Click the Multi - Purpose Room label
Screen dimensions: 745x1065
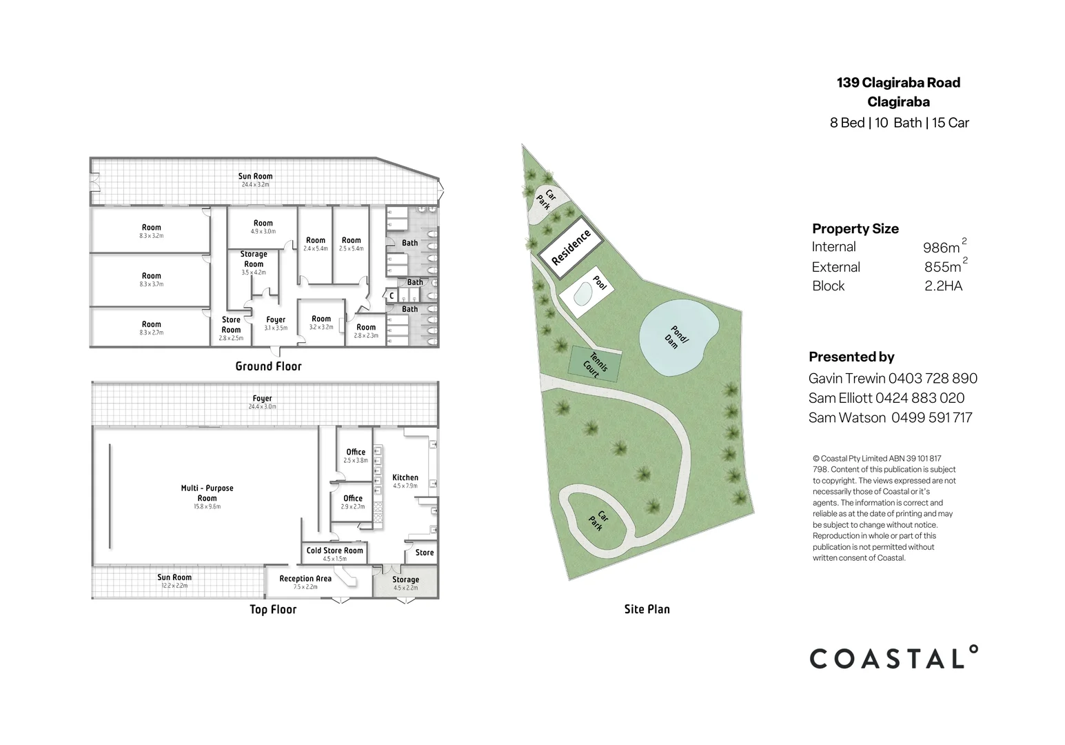click(x=207, y=493)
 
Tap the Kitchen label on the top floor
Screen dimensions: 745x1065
click(x=405, y=477)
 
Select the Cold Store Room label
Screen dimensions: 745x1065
click(x=334, y=550)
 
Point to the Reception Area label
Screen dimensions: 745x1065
click(x=305, y=579)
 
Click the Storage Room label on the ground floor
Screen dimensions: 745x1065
click(x=254, y=259)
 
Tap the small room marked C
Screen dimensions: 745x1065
click(x=392, y=296)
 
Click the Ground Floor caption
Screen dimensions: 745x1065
click(x=268, y=366)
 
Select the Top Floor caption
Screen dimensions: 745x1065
click(x=273, y=609)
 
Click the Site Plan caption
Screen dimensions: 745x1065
click(x=647, y=609)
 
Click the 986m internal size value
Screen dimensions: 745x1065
click(x=942, y=248)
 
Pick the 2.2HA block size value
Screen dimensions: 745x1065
click(x=943, y=286)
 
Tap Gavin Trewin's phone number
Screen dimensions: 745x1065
click(x=933, y=378)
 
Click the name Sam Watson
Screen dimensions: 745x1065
click(x=846, y=417)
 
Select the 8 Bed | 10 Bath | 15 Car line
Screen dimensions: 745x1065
click(x=899, y=123)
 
